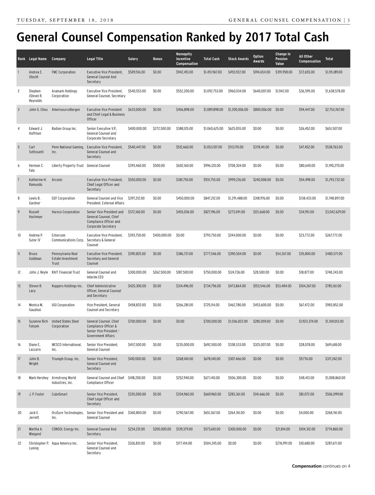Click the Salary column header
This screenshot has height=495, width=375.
point(133,59)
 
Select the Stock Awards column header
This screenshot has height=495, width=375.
point(238,59)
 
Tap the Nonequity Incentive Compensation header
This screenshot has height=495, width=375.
point(187,59)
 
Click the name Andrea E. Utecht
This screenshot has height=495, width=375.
point(36,74)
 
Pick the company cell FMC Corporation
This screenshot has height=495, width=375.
point(63,72)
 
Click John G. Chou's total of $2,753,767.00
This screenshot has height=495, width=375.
point(334,110)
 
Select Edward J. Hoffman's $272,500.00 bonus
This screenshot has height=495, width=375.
point(162,129)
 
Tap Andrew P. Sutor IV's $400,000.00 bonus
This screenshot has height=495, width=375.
point(162,235)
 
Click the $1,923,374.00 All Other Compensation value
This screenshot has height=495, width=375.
point(308,321)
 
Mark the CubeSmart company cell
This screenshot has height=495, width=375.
point(59,394)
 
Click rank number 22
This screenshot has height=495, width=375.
point(19,443)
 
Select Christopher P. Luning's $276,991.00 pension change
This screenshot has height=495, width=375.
point(283,443)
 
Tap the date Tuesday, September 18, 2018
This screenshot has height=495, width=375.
point(65,20)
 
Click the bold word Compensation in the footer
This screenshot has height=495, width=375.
point(306,466)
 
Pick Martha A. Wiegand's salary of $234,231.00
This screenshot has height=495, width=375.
point(136,429)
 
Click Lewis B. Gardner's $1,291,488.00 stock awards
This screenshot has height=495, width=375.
point(237,198)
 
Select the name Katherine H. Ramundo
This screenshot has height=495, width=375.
point(37,182)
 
